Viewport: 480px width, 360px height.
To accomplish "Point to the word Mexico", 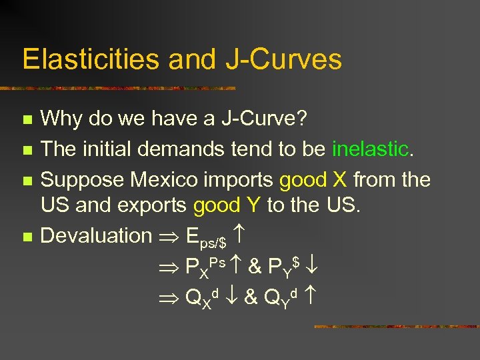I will click(x=170, y=179).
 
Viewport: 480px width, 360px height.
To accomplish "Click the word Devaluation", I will click(x=97, y=235).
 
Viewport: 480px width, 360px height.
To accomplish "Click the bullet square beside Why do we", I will click(x=27, y=121).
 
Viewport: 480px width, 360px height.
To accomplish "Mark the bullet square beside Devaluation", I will click(x=27, y=236).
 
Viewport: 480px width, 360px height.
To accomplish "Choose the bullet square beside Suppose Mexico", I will click(x=27, y=180).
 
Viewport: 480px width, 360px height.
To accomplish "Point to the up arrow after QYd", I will click(x=309, y=293).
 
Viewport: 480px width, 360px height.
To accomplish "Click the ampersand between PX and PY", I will click(x=254, y=265).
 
